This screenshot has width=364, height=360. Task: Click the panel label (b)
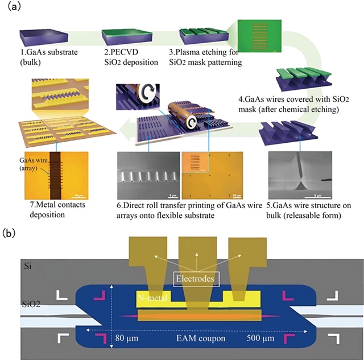tap(10, 233)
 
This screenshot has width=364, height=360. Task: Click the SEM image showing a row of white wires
tap(147, 168)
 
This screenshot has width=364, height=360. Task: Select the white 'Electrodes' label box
tap(195, 279)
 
